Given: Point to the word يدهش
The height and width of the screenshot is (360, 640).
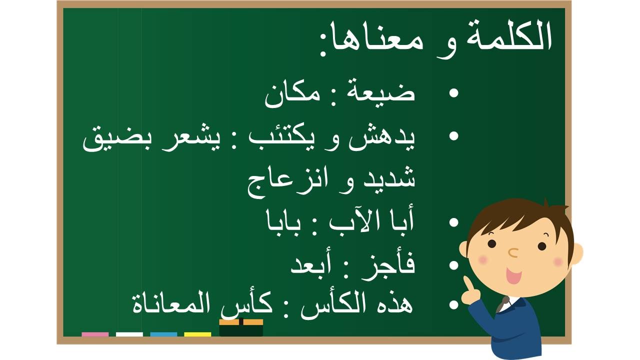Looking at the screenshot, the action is tap(381, 140).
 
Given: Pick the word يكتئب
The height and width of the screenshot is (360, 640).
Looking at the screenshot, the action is tap(279, 140).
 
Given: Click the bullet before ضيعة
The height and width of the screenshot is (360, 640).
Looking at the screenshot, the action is tap(453, 93).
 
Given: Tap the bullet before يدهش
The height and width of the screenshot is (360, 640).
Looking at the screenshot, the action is tap(453, 136).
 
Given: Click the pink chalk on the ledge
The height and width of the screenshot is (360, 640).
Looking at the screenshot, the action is tap(95, 334).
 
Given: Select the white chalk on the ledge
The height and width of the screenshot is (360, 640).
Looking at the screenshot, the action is tap(129, 334).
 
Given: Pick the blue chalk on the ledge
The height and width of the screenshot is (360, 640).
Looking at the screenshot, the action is tap(163, 334).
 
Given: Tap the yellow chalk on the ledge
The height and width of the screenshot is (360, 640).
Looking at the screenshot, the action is tap(197, 334).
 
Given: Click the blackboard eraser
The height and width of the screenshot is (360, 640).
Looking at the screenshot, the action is tap(241, 327).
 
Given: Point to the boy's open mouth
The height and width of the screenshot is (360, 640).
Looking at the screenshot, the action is tap(513, 275).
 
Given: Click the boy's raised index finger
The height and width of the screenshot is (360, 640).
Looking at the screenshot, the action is tap(467, 283).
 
